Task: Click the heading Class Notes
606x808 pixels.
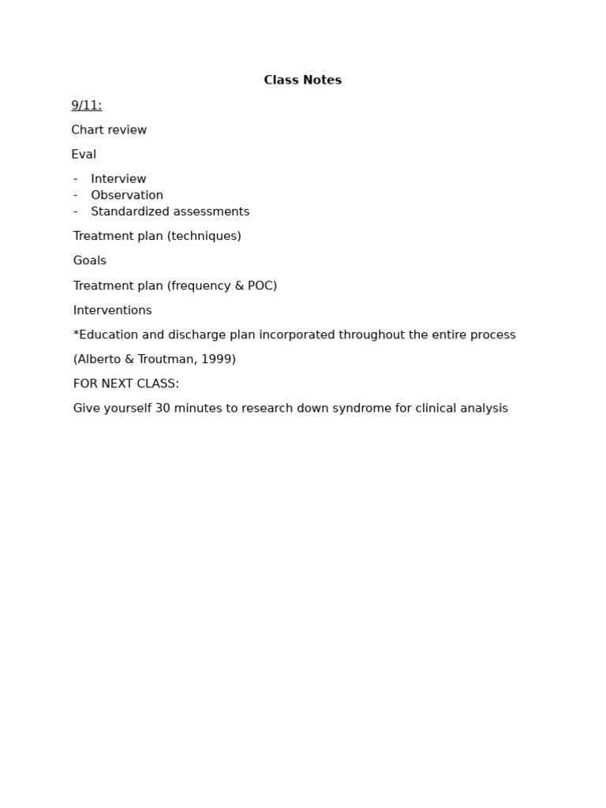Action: [302, 80]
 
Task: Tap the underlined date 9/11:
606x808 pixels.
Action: [87, 106]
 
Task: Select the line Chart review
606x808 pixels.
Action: [109, 130]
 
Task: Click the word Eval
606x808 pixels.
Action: [84, 155]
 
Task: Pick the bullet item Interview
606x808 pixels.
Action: [118, 179]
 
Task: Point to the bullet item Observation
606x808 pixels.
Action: [127, 196]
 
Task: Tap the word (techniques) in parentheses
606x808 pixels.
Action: [204, 237]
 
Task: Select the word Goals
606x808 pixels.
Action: [90, 261]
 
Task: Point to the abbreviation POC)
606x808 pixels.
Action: [262, 286]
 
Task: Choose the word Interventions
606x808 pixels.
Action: [113, 311]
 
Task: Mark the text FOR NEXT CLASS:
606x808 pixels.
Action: [126, 384]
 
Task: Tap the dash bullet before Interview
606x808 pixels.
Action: [76, 179]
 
